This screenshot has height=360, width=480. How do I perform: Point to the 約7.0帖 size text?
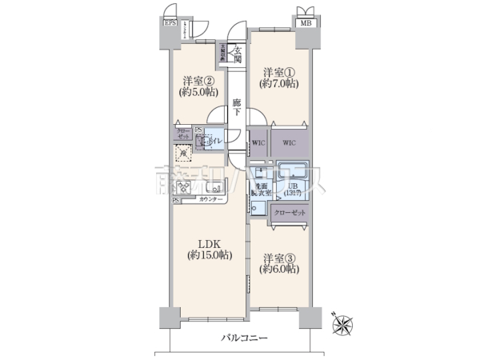pos(280,83)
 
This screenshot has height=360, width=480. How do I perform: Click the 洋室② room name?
pos(196,81)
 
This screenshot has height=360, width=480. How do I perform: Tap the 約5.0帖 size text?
pos(196,94)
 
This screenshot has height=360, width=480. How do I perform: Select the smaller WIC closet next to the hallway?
pos(258,142)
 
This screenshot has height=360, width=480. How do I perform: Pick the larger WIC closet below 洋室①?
pos(290,142)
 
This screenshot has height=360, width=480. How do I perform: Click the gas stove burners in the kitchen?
pos(183,189)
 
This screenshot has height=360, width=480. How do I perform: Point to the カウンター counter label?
pos(210,198)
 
